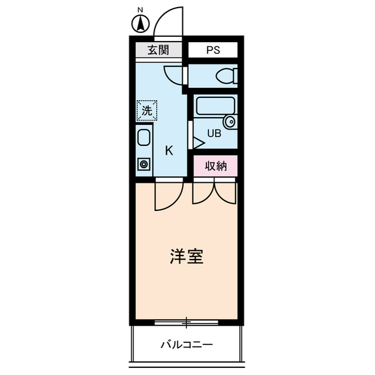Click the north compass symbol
pos(141,25)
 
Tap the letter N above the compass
pos(141,10)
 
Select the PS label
pos(213,50)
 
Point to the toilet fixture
pos(226,76)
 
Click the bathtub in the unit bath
pos(215,106)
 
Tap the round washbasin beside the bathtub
pos(230,122)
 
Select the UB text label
pos(214,134)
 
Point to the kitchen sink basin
pos(144,139)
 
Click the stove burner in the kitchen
pos(144,164)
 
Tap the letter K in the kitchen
pos(169,151)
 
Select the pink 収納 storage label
pos(216,166)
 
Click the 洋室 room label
pos(187,257)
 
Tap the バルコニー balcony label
pos(187,345)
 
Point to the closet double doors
pos(214,192)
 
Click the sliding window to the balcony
pos(186,322)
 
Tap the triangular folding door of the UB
pos(198,141)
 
